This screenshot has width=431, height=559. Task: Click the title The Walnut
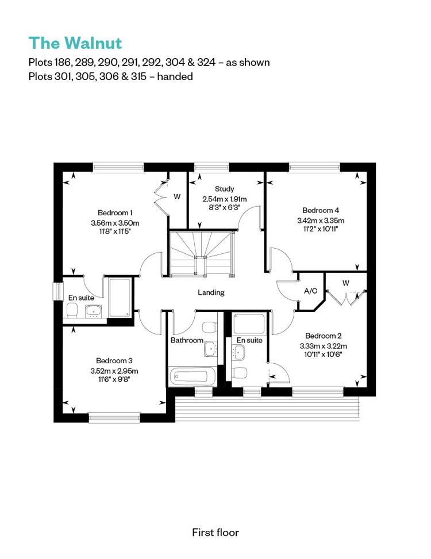pyautogui.click(x=75, y=43)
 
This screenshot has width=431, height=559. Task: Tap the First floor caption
pyautogui.click(x=215, y=533)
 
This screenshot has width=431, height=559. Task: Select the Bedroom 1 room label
pyautogui.click(x=115, y=213)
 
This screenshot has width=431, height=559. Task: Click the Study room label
pyautogui.click(x=225, y=189)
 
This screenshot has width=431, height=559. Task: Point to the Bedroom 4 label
pyautogui.click(x=321, y=210)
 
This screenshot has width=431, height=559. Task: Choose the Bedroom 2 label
pyautogui.click(x=323, y=336)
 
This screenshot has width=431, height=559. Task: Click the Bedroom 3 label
pyautogui.click(x=114, y=361)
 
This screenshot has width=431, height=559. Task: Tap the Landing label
pyautogui.click(x=211, y=292)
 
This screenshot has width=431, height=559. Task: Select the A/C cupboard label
pyautogui.click(x=310, y=291)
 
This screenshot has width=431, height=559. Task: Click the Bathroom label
pyautogui.click(x=187, y=340)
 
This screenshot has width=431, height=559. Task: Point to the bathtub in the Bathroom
pyautogui.click(x=193, y=377)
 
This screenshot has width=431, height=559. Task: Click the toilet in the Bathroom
pyautogui.click(x=209, y=327)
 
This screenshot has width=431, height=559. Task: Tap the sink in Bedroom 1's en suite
pyautogui.click(x=94, y=311)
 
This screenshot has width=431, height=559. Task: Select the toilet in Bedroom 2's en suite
pyautogui.click(x=240, y=373)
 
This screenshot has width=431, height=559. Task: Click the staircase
pyautogui.click(x=202, y=253)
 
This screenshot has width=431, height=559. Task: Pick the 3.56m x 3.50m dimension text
pyautogui.click(x=115, y=223)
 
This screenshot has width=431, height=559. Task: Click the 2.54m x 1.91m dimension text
pyautogui.click(x=225, y=199)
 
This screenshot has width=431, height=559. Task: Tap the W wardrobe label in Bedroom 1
pyautogui.click(x=177, y=196)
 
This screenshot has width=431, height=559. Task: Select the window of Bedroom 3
pyautogui.click(x=114, y=418)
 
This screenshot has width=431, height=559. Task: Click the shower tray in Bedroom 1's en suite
pyautogui.click(x=120, y=297)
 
